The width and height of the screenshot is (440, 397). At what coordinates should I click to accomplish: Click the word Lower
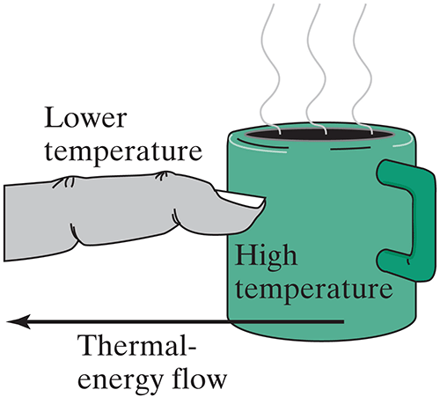[x=85, y=118]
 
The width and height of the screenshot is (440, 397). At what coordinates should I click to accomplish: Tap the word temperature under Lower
[x=123, y=152]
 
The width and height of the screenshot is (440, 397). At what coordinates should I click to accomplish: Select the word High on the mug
[x=266, y=257]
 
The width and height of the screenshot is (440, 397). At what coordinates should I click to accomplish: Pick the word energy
[x=120, y=381]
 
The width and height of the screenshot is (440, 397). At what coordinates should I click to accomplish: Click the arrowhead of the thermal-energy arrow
[x=18, y=322]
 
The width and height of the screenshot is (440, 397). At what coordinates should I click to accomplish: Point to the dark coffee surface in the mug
[x=319, y=135]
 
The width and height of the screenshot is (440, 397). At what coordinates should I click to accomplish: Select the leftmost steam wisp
[x=270, y=69]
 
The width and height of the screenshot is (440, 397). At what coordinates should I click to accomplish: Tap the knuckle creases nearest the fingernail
[x=162, y=176]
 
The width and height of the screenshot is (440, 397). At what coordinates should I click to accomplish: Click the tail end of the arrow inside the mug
[x=343, y=322]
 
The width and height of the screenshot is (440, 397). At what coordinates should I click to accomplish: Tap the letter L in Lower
[x=54, y=117]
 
